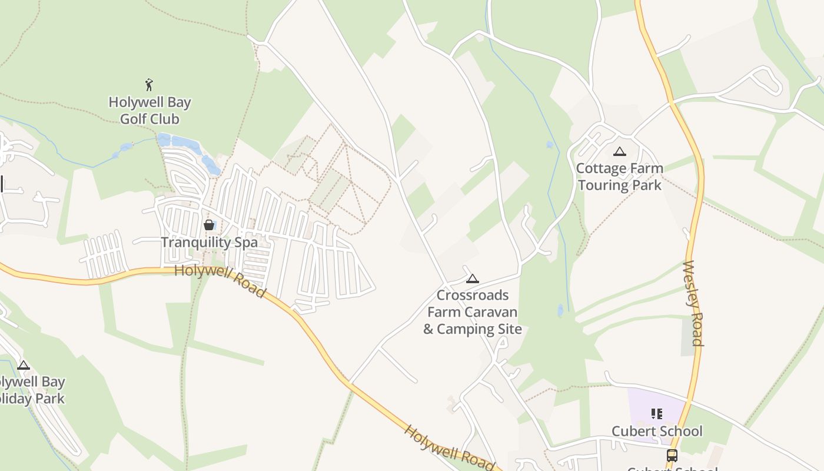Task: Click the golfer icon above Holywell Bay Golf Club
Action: pyautogui.click(x=149, y=85)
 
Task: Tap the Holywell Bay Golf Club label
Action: pyautogui.click(x=149, y=111)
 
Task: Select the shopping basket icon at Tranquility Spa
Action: pyautogui.click(x=209, y=225)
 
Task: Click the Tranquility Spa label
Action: pyautogui.click(x=209, y=243)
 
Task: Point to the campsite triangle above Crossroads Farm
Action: pyautogui.click(x=472, y=278)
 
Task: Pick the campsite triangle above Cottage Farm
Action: pyautogui.click(x=619, y=152)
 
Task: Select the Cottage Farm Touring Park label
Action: pyautogui.click(x=619, y=177)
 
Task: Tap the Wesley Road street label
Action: pyautogui.click(x=693, y=303)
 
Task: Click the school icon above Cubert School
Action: pyautogui.click(x=657, y=414)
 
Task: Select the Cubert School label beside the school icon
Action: pyautogui.click(x=657, y=432)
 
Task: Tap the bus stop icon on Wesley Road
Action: pyautogui.click(x=672, y=455)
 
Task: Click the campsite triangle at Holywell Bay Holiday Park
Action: pyautogui.click(x=24, y=365)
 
